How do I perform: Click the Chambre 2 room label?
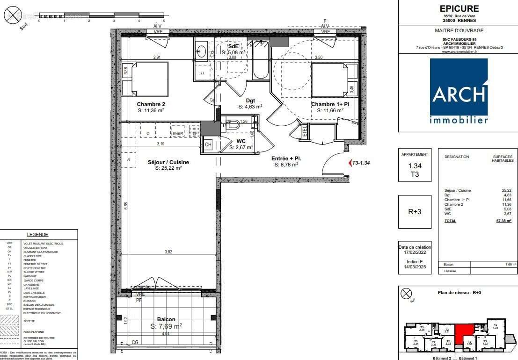pyautogui.click(x=151, y=104)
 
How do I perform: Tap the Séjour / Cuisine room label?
pyautogui.click(x=168, y=162)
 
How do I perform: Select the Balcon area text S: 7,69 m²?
pyautogui.click(x=166, y=326)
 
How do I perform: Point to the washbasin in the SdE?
pyautogui.click(x=202, y=51)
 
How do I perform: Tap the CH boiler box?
pyautogui.click(x=208, y=145)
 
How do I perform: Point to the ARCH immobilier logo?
pyautogui.click(x=459, y=91)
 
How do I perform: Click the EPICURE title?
pyautogui.click(x=459, y=8)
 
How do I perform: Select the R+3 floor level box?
pyautogui.click(x=415, y=211)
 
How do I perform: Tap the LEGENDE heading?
pyautogui.click(x=37, y=235)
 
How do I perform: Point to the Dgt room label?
pyautogui.click(x=251, y=100)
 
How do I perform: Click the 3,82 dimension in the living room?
pyautogui.click(x=168, y=252)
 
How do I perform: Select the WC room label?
pyautogui.click(x=241, y=141)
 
